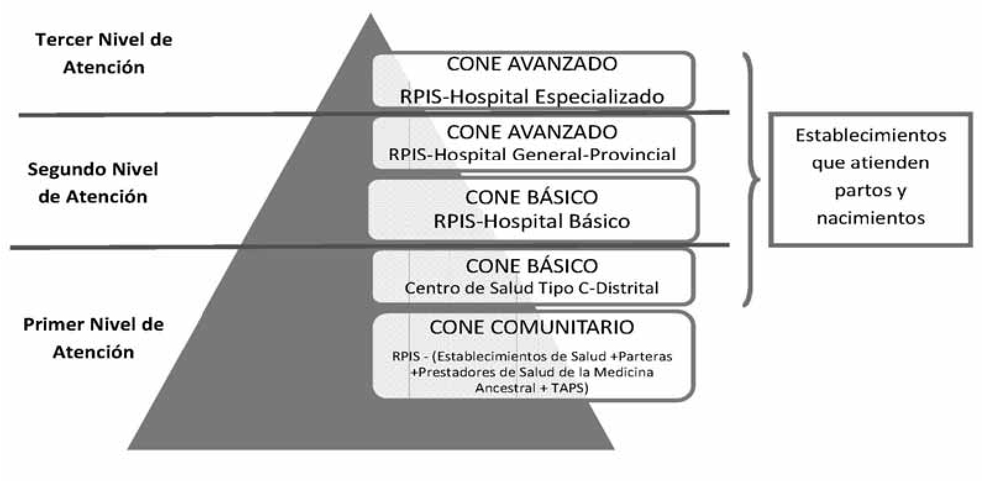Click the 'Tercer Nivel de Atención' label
coord(104,53)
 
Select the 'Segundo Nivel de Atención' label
coord(93,182)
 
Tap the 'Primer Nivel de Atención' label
coord(93,338)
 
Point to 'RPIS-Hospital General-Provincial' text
coord(532,154)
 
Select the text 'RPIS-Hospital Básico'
coord(532,221)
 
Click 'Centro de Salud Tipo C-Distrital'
coord(531,288)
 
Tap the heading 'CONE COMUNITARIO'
coord(532,327)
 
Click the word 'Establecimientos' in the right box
coord(871,135)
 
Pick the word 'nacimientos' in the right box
coord(871,218)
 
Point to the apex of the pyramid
coord(371,14)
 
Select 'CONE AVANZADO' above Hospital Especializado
coord(532,64)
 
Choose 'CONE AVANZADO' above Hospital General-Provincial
coord(532,132)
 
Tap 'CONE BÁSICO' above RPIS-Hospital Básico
coord(531,197)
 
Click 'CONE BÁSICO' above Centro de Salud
coord(532,266)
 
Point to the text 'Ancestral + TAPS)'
coord(532,388)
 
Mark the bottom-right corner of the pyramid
coord(614,449)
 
